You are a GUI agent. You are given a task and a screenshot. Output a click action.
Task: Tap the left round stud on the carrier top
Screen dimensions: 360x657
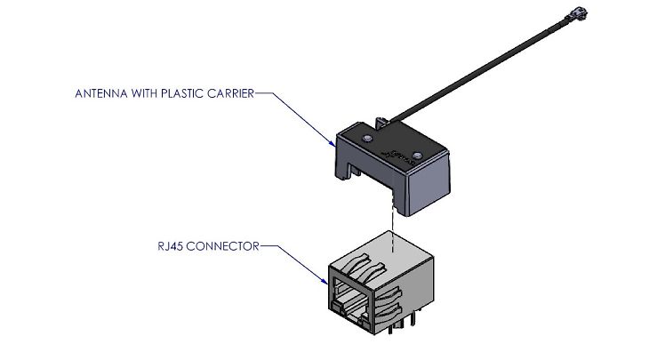pos(366,140)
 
